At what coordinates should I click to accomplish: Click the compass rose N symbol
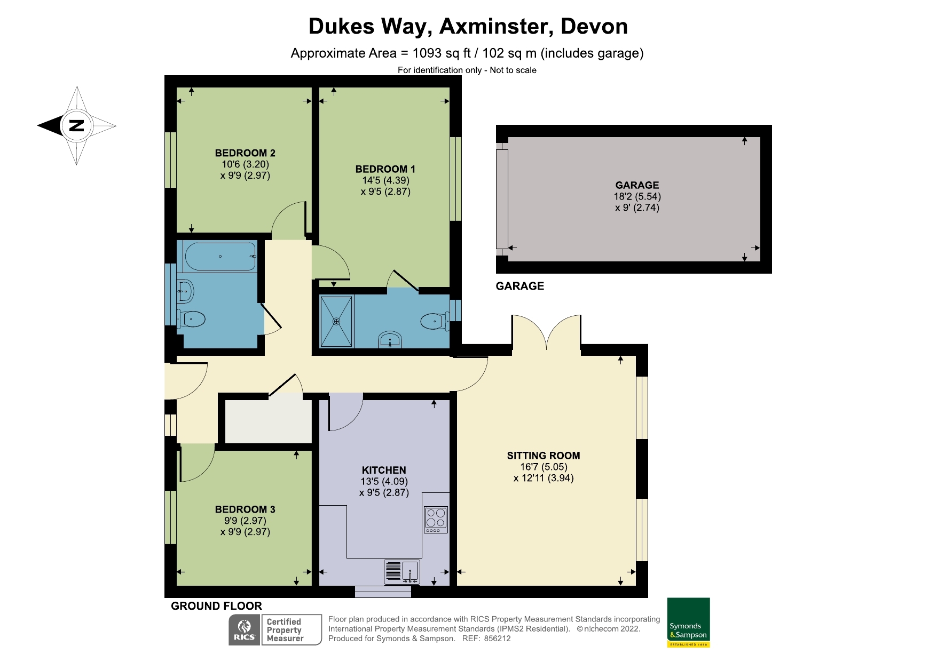77,126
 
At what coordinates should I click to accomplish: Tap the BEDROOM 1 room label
385,169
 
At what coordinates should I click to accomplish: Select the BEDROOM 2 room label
245,153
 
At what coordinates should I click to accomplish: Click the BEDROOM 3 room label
245,509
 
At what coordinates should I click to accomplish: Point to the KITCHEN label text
384,470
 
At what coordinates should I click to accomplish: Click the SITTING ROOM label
543,456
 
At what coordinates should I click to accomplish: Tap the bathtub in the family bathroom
220,256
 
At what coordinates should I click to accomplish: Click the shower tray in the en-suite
336,321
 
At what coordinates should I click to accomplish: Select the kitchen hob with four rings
436,519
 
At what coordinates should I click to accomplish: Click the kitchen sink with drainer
401,572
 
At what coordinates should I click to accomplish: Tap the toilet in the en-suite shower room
434,321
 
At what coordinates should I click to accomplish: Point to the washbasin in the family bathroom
185,291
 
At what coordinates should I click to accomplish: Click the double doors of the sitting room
547,333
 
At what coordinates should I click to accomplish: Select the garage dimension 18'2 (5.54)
637,196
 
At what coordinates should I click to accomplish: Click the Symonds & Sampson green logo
688,622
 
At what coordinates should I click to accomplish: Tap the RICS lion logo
245,629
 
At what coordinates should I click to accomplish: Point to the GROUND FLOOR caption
216,606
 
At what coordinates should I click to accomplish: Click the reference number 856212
497,638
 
